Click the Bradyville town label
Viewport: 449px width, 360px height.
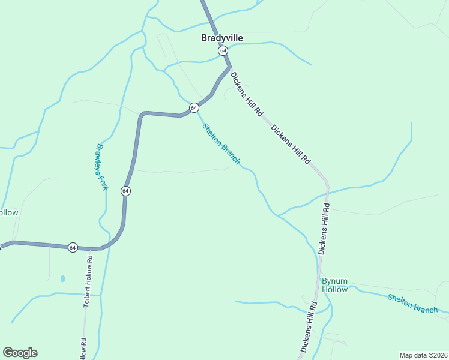pyautogui.click(x=222, y=38)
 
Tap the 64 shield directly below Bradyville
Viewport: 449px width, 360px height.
pyautogui.click(x=223, y=51)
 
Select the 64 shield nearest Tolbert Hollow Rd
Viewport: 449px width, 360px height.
pyautogui.click(x=73, y=247)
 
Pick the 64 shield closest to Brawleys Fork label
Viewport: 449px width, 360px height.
pyautogui.click(x=125, y=191)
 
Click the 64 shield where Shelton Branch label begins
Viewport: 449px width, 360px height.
pyautogui.click(x=194, y=107)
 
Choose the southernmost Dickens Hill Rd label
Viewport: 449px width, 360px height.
pyautogui.click(x=307, y=328)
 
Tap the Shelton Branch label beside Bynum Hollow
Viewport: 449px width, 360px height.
pyautogui.click(x=412, y=304)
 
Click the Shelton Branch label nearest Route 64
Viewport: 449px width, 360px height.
pyautogui.click(x=221, y=144)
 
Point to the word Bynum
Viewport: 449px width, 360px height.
pyautogui.click(x=334, y=281)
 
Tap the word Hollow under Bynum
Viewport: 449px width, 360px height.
pyautogui.click(x=334, y=289)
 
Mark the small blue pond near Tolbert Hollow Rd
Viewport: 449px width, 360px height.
pyautogui.click(x=62, y=279)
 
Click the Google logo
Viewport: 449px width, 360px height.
pyautogui.click(x=20, y=353)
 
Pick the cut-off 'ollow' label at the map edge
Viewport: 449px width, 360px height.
pyautogui.click(x=9, y=213)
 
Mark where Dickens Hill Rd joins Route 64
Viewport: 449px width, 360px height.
pyautogui.click(x=229, y=67)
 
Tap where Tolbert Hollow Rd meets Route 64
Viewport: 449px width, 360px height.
pyautogui.click(x=91, y=248)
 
